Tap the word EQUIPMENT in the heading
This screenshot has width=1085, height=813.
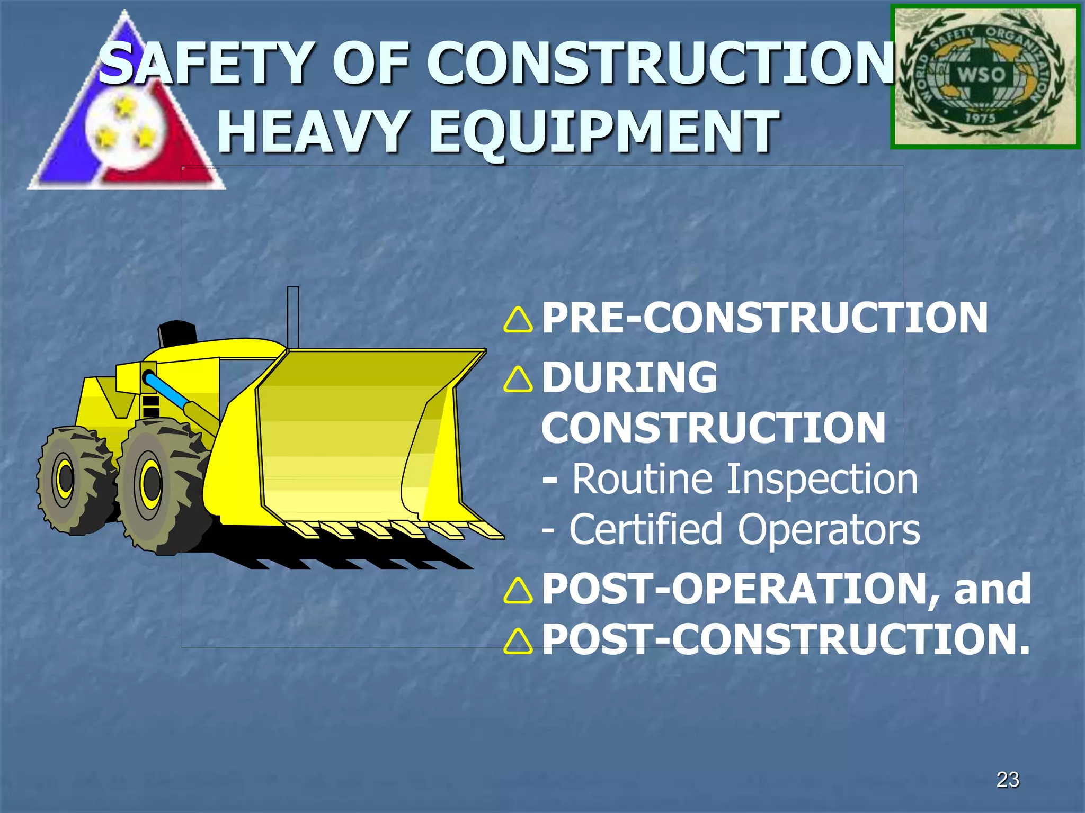click(x=603, y=132)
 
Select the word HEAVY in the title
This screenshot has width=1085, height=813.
click(x=313, y=132)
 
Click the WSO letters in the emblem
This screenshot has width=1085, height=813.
click(x=981, y=75)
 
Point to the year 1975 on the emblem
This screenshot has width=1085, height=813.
click(x=980, y=118)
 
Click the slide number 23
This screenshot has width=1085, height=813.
click(x=1008, y=780)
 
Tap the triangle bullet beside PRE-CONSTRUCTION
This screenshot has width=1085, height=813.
click(x=518, y=320)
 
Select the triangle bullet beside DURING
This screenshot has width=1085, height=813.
click(x=518, y=379)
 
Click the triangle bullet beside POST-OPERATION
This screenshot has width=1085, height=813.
click(x=518, y=591)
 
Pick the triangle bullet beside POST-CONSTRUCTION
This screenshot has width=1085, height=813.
click(x=518, y=641)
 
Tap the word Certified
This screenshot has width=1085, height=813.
click(x=645, y=530)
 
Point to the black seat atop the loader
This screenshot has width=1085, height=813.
click(x=177, y=333)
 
